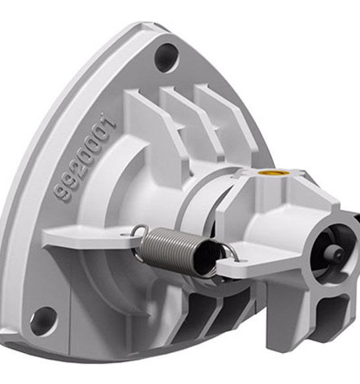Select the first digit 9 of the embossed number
click(x=63, y=194)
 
